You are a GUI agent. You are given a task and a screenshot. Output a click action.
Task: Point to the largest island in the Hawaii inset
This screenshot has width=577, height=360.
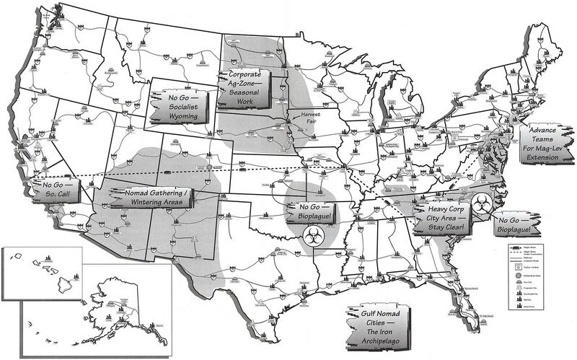(x=63, y=276)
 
